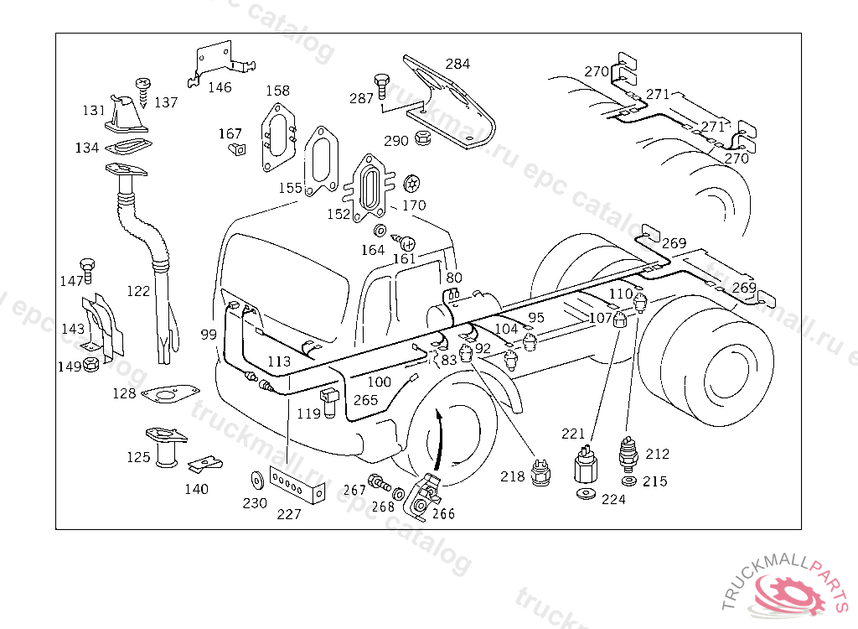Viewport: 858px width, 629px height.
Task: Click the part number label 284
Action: (457, 64)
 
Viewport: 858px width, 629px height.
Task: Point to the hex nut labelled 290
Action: (423, 138)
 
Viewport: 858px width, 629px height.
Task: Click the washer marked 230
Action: (255, 481)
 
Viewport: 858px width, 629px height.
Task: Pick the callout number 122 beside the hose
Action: (138, 291)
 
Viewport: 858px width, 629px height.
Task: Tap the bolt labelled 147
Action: (88, 268)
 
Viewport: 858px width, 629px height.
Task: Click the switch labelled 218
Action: (540, 470)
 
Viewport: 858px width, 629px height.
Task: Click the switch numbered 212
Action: (626, 453)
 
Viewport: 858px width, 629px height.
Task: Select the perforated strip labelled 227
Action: (296, 486)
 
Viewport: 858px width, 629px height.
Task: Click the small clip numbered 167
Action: (237, 150)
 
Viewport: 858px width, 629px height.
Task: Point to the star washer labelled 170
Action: (411, 182)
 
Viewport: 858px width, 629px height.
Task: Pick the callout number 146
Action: (220, 87)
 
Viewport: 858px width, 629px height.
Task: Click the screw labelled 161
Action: (408, 243)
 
